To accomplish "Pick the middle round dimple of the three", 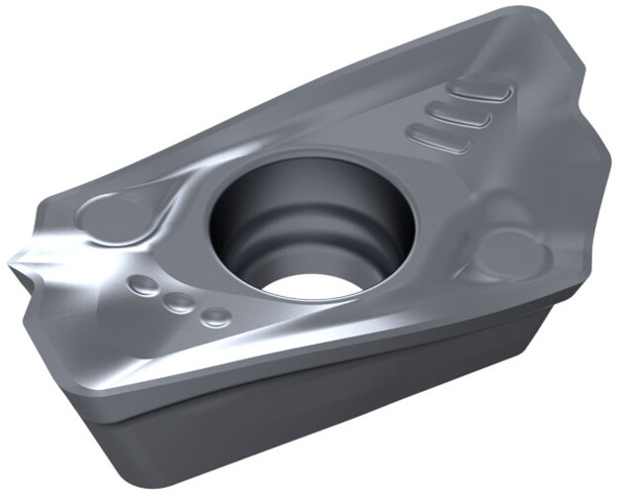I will point(178,303).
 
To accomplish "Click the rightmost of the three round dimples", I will point(215,318).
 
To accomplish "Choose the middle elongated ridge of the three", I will point(461,118).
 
